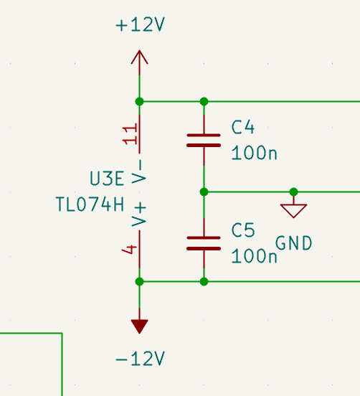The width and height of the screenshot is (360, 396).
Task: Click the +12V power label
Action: coord(140,24)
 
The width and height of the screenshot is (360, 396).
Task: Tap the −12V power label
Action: coord(140,359)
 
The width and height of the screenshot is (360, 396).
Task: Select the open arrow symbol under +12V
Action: coord(139,57)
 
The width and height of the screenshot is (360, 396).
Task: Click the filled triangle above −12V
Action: coord(139,326)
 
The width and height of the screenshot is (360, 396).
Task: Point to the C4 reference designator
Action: coord(243,127)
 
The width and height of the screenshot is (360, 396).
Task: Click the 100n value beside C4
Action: coord(254,153)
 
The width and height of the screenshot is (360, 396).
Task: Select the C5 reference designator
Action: coord(243,230)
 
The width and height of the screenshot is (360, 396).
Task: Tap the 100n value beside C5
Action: coord(254,256)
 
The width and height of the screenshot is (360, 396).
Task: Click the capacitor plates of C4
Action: coord(204,141)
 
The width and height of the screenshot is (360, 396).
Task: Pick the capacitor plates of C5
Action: coord(204,243)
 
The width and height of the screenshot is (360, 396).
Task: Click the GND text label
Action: coord(293,243)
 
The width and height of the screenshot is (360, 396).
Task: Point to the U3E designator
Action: coord(107,179)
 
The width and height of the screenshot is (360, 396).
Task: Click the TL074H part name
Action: coord(90,204)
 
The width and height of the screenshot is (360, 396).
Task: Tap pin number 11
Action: coord(130,133)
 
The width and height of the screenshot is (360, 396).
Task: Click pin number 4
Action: coord(129,250)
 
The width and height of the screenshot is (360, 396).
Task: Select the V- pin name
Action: coord(139,171)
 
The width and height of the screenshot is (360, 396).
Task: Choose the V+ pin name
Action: coord(139,214)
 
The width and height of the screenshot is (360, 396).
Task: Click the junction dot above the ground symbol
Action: coord(293,192)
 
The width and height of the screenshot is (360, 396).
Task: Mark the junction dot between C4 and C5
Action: coord(204,192)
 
